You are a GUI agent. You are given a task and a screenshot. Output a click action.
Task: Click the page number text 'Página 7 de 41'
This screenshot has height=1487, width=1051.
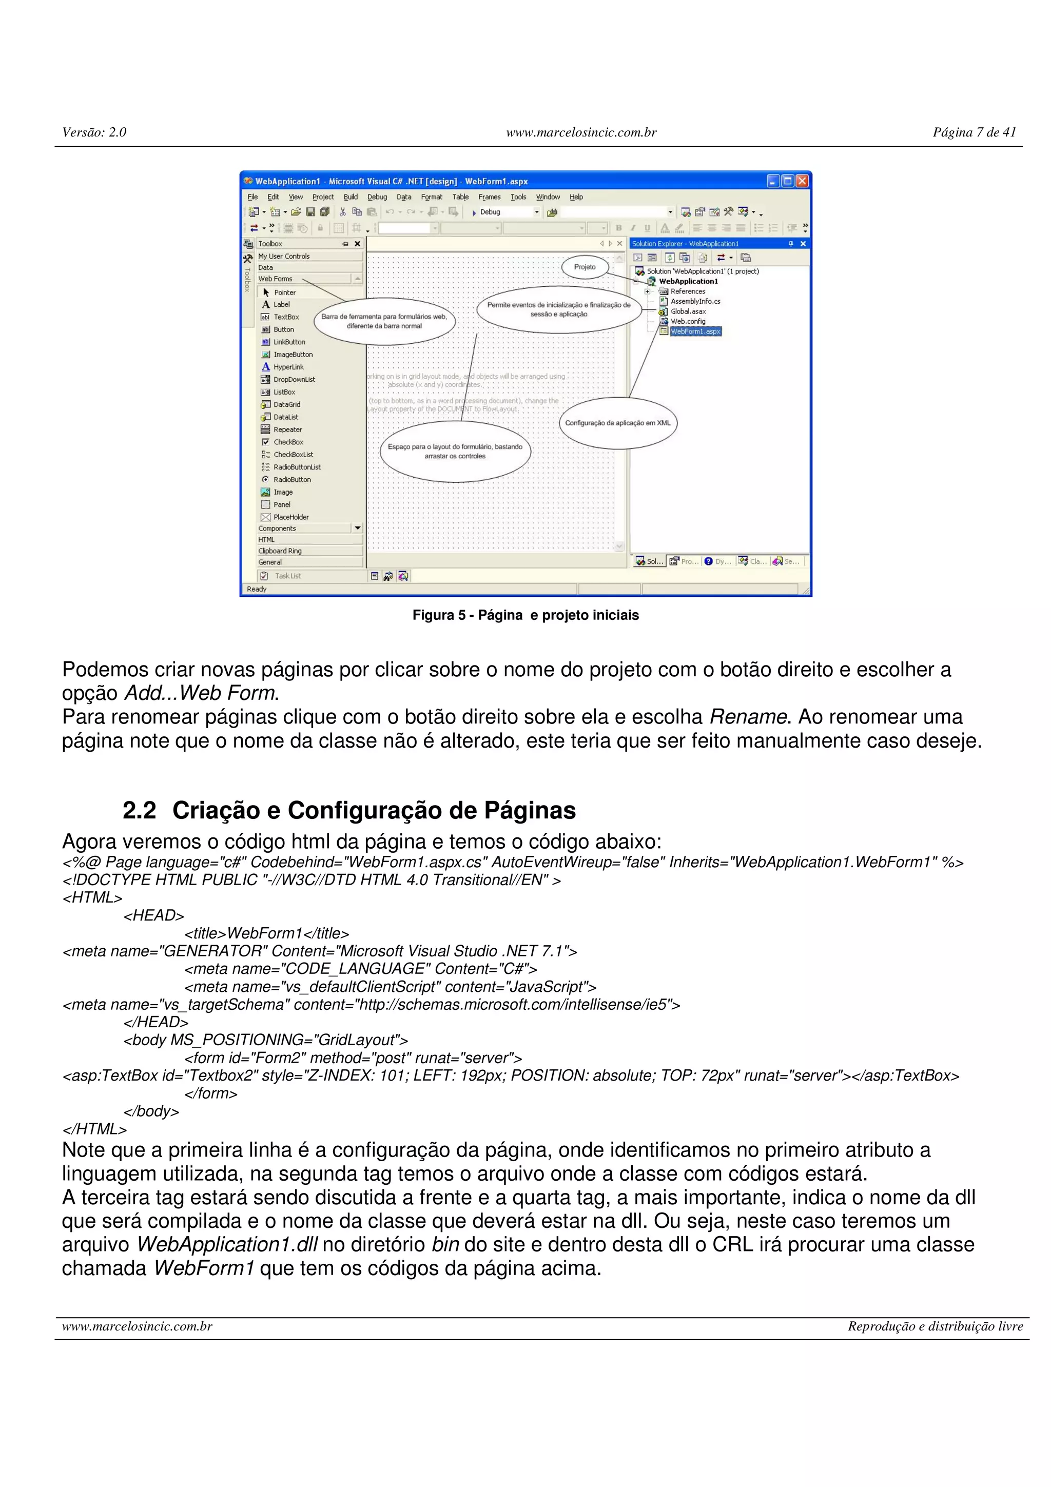(x=974, y=132)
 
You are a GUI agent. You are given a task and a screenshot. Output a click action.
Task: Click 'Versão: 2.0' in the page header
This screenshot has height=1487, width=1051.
(x=94, y=132)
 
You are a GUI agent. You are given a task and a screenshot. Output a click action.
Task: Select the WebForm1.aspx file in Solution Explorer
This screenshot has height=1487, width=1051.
(x=695, y=331)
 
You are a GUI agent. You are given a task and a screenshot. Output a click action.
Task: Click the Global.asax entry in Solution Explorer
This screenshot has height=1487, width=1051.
(x=688, y=311)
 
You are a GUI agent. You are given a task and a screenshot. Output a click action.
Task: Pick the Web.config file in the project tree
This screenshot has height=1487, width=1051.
(x=688, y=321)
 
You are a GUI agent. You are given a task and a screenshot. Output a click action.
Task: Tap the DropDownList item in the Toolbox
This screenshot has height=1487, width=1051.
(x=294, y=380)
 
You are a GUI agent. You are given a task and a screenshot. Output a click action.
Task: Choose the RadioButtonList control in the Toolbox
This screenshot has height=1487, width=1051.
(x=297, y=467)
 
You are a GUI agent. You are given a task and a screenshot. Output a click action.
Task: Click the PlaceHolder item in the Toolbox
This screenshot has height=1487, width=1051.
(x=291, y=517)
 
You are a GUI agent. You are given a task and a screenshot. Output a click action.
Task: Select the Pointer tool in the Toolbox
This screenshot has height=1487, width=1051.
(x=284, y=293)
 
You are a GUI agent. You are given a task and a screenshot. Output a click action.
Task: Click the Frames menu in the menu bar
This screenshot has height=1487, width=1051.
(x=490, y=197)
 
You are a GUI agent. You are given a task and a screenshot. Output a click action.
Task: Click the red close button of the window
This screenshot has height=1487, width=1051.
(x=802, y=181)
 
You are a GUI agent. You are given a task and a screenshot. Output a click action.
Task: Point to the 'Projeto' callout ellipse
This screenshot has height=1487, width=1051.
(x=585, y=267)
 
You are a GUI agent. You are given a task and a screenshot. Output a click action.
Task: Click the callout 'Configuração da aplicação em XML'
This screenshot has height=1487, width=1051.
(x=618, y=423)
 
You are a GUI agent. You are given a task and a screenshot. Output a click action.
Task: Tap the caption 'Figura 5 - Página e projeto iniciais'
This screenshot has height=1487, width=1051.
(x=525, y=615)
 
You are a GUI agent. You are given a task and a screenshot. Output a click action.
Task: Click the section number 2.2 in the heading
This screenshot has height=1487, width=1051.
(x=139, y=810)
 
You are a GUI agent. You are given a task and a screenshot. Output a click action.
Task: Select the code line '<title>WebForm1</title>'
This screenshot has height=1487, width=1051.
(x=266, y=933)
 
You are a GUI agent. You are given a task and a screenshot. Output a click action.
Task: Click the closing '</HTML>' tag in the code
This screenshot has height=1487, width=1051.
(x=94, y=1129)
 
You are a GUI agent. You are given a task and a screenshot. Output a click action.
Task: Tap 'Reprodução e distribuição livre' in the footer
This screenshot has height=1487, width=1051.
(x=935, y=1326)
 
